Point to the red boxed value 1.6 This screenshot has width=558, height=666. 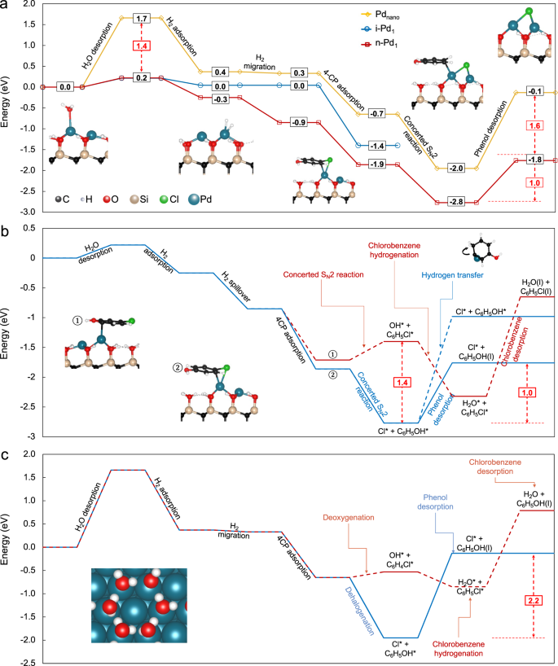(x=534, y=127)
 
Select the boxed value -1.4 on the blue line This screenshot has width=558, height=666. (x=376, y=145)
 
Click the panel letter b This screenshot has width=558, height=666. (x=6, y=231)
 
